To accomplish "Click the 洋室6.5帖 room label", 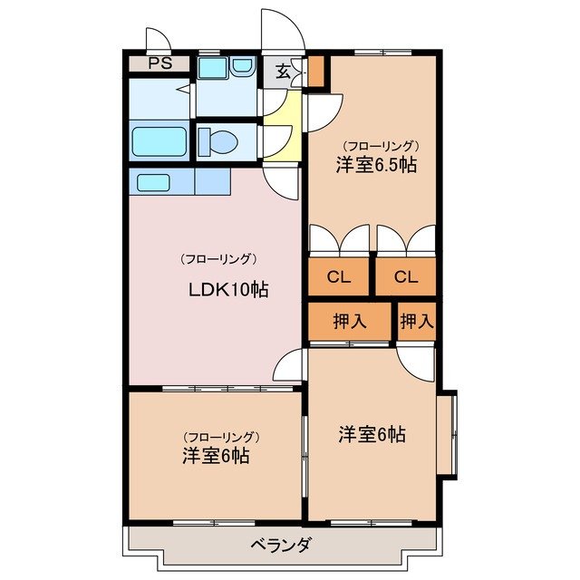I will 376,166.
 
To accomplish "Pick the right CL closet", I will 405,277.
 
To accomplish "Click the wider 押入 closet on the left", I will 350,321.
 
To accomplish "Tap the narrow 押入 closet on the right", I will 416,321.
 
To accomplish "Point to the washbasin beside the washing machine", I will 243,66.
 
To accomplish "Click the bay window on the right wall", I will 448,433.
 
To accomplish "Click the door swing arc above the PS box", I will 156,40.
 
